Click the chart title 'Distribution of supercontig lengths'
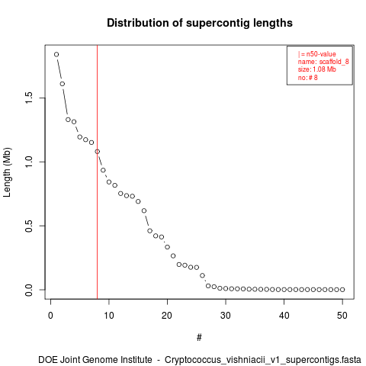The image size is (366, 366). [200, 23]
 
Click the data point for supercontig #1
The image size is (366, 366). [56, 54]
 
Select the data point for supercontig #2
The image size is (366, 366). [63, 84]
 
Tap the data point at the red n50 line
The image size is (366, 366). [98, 152]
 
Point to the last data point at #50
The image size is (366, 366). [342, 290]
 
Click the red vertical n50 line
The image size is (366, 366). [98, 172]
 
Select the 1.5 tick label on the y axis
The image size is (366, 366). [29, 98]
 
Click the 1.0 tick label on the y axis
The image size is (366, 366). [29, 162]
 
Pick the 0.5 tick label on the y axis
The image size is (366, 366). [29, 226]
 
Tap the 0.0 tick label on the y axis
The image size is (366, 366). [29, 290]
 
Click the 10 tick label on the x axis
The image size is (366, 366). [109, 316]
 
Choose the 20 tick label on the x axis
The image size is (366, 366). [167, 316]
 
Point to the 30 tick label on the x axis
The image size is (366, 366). [226, 316]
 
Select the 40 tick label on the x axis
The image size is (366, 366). [284, 316]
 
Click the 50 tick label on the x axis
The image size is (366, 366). [342, 316]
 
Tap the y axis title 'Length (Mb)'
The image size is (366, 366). [7, 172]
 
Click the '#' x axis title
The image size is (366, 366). [199, 338]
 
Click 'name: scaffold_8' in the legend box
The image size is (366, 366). [323, 62]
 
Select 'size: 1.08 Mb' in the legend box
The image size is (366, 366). [317, 69]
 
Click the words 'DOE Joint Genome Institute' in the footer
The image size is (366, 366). [95, 360]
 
